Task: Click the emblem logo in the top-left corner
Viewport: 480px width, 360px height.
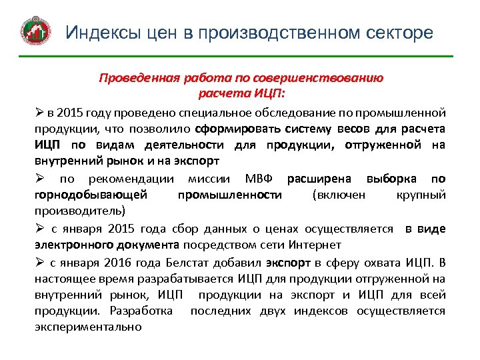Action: (35, 32)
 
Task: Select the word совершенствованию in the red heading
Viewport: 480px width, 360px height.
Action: (331, 77)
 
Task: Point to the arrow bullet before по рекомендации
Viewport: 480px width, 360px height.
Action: (40, 179)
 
